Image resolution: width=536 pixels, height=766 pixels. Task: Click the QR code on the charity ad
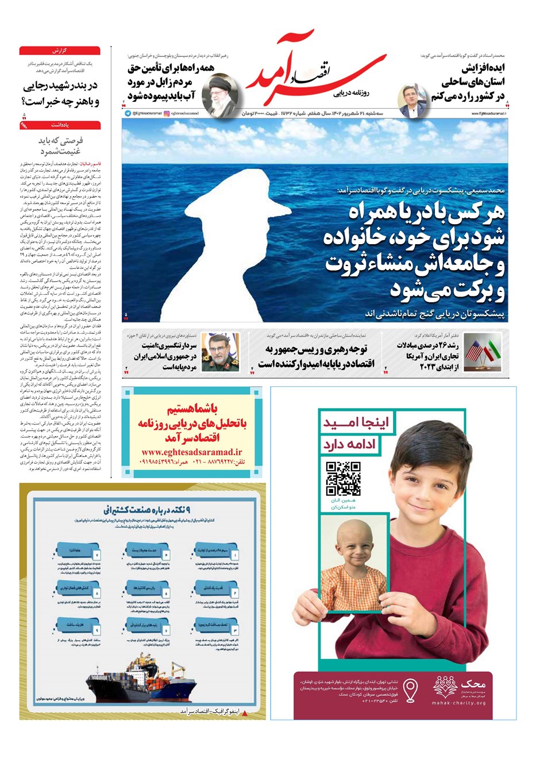tap(343, 478)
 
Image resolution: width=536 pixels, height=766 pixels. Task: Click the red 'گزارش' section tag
tap(60, 51)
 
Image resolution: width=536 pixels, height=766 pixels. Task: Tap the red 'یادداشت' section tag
tap(60, 125)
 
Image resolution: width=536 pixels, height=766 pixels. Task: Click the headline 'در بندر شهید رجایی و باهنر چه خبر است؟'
tap(60, 94)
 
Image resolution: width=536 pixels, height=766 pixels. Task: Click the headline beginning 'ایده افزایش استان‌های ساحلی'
tap(468, 82)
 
